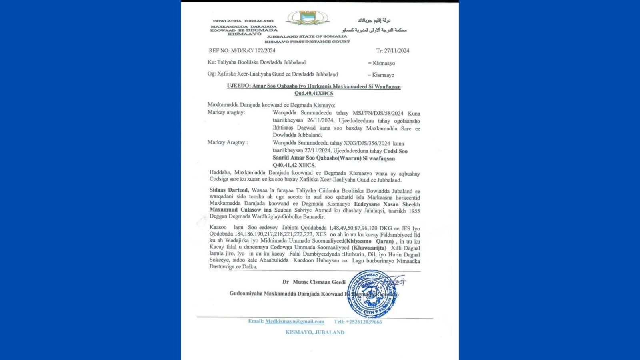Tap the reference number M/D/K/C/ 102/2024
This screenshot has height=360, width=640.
(253, 51)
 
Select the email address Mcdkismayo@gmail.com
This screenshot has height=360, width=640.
(294, 322)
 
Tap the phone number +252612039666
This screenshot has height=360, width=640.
(364, 322)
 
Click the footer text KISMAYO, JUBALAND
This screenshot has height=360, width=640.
(315, 332)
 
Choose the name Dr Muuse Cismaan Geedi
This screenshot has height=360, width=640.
(314, 282)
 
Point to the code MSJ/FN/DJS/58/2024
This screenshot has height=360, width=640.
(378, 114)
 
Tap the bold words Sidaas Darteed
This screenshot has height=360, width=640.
(229, 190)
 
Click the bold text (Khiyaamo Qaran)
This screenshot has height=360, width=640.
(370, 242)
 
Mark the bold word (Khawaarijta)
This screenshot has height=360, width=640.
(369, 248)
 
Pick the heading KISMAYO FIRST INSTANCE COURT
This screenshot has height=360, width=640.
(307, 42)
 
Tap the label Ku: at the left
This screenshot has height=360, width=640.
(211, 62)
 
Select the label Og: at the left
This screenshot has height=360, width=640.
(211, 74)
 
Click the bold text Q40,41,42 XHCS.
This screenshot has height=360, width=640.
(294, 165)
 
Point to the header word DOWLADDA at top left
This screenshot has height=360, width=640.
(227, 21)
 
